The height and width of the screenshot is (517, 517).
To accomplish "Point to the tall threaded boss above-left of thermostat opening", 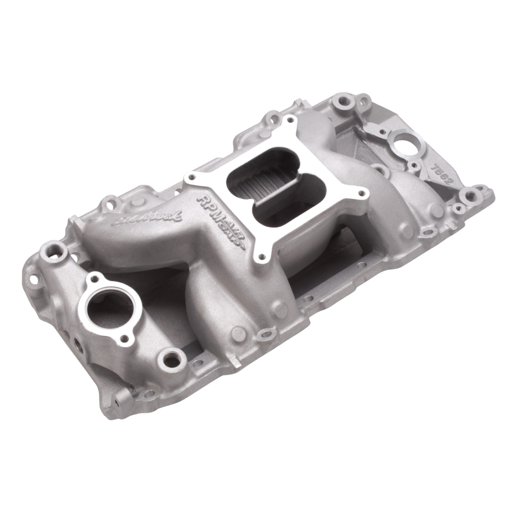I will tap(50, 249).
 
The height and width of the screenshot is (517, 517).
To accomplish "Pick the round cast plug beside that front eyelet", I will tap(239, 333).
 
